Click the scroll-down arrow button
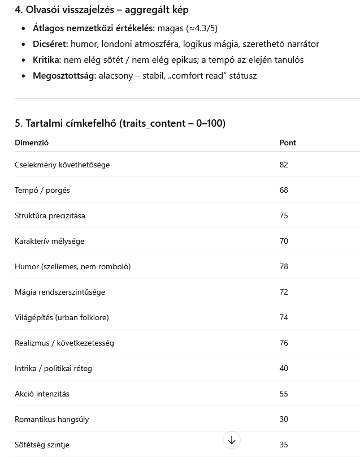pos(232,440)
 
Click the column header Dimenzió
pos(32,143)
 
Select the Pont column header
pos(288,143)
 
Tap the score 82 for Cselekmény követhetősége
pos(284,165)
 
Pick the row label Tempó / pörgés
pos(42,190)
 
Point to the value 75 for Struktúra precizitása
pos(284,215)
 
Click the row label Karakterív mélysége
pos(49,241)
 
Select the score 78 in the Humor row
pos(284,266)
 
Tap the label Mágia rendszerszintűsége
pos(60,292)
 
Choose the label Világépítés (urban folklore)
pos(62,317)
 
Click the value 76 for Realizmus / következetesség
pos(284,343)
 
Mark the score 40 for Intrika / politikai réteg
pos(284,368)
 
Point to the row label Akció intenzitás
pos(42,394)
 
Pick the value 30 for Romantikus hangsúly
pos(284,419)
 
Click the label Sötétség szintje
pos(42,445)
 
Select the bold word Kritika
pos(47,59)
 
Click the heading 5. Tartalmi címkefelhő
pos(120,123)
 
